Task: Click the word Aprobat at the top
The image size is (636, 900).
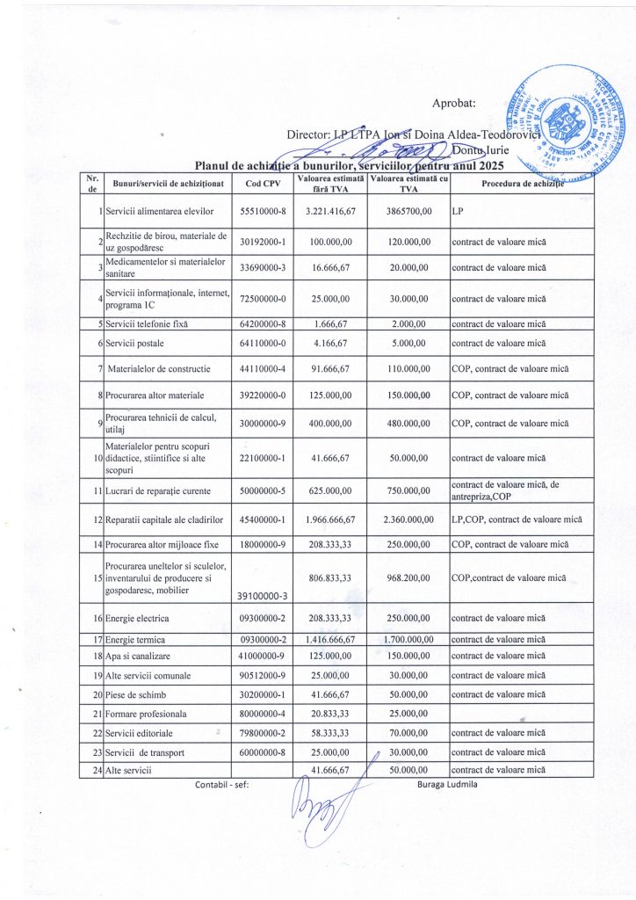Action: (454, 103)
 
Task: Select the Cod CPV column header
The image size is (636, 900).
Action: (264, 184)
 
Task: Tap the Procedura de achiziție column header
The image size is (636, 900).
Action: (522, 183)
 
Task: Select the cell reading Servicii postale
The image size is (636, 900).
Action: (134, 342)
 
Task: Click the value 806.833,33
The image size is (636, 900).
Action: (330, 577)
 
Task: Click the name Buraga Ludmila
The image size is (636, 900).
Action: (447, 784)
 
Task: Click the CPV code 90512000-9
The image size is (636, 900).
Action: (264, 675)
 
